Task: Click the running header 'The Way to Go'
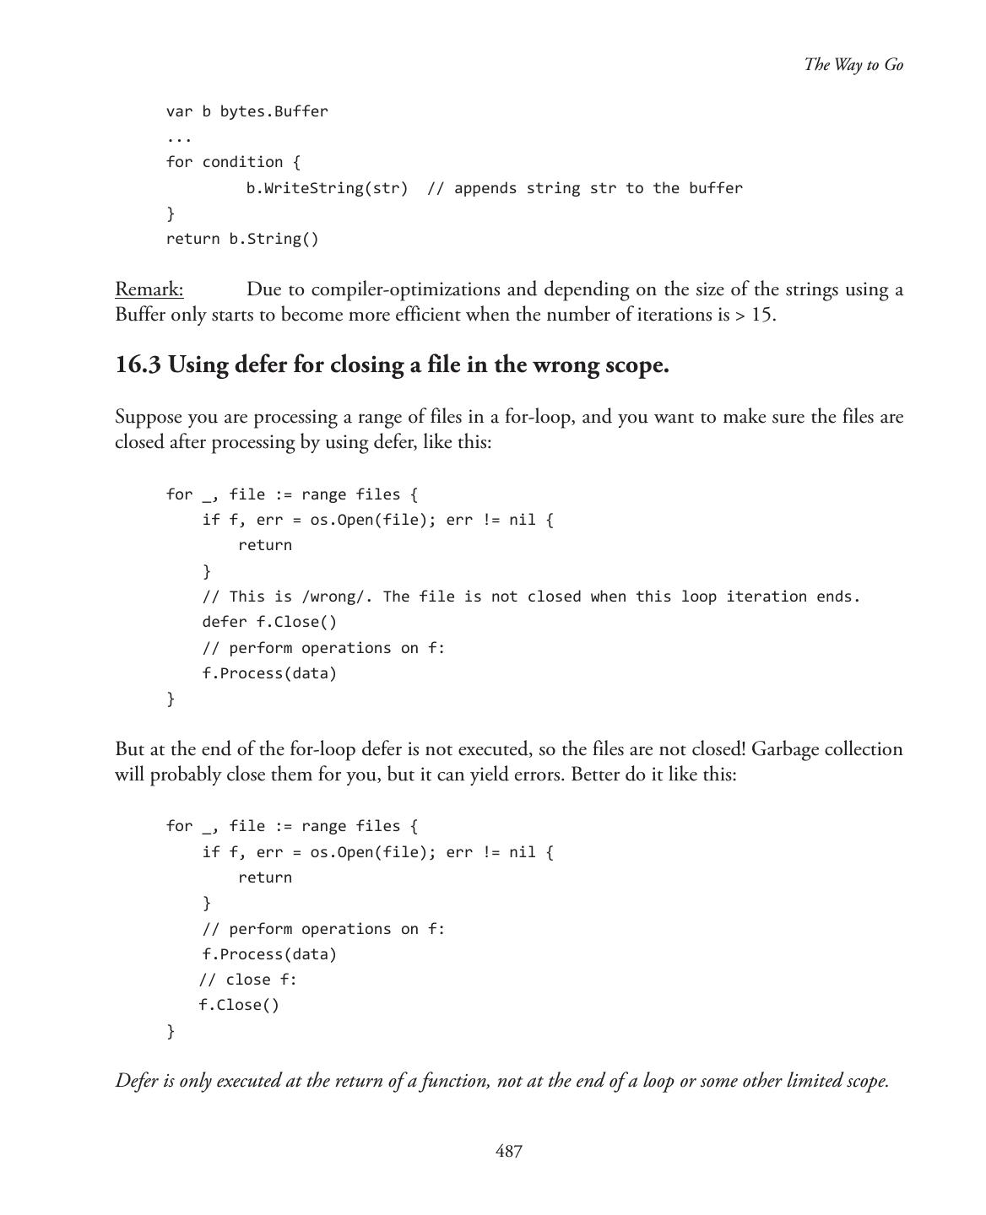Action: point(853,65)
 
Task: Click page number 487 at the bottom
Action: point(508,1152)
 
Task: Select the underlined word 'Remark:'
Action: point(149,289)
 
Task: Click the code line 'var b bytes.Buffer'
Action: point(246,111)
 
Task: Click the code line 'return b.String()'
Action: point(242,239)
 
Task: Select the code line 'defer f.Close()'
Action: point(268,622)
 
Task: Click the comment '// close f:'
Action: point(248,980)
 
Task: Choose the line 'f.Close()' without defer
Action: point(239,1005)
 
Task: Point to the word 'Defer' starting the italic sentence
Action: point(136,1081)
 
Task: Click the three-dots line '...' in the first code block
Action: point(179,138)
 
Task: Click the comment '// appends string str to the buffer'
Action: point(584,188)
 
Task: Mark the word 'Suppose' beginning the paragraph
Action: point(148,417)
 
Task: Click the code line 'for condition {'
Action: point(233,162)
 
